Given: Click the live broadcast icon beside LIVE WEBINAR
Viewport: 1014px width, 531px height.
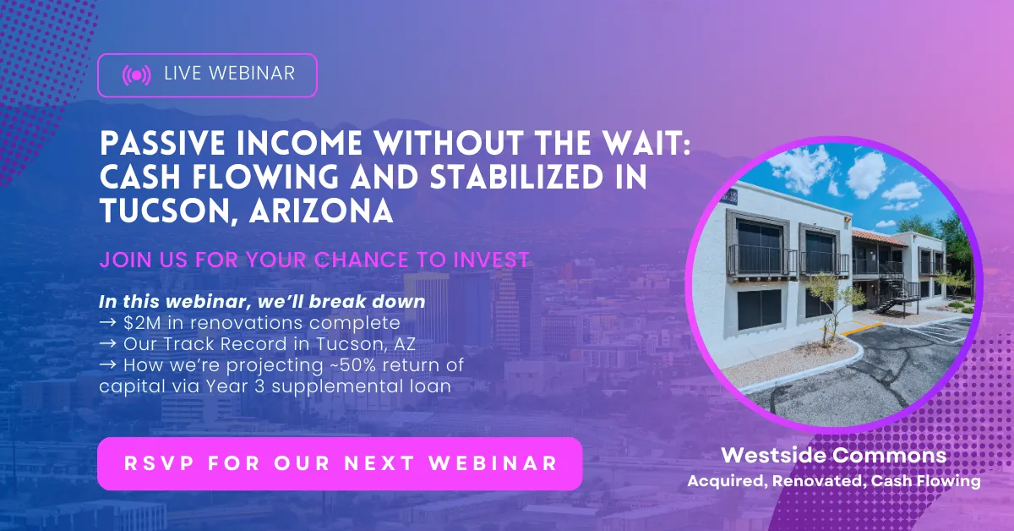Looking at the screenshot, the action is [x=136, y=75].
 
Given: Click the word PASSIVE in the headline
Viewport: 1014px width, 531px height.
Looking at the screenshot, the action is [x=162, y=143].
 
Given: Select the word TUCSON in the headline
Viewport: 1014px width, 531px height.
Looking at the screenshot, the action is [x=169, y=211].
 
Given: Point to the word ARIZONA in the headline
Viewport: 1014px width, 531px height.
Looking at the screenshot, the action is [x=321, y=211].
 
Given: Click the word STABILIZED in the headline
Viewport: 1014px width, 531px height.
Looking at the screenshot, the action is [x=516, y=177].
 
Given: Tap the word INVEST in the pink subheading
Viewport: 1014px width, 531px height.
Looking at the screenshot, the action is [x=491, y=260].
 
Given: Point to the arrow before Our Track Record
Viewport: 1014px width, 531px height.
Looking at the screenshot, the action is [x=108, y=343].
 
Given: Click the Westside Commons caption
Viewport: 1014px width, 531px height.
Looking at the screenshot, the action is [x=834, y=456].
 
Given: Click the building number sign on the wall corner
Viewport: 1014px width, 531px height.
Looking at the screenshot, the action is [x=729, y=197].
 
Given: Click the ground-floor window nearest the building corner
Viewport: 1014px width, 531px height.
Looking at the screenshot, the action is [x=760, y=309].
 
